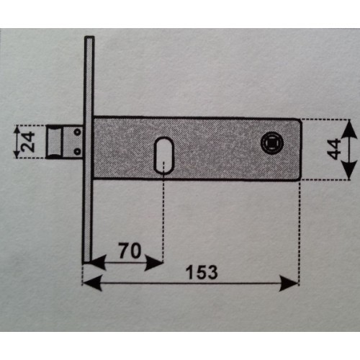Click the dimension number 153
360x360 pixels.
202,272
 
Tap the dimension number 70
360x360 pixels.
130,251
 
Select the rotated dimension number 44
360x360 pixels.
334,149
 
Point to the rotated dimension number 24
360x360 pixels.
28,142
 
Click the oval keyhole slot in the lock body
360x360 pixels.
163,155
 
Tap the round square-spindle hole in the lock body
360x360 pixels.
272,143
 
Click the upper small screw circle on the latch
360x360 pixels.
77,132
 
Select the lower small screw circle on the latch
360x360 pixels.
77,151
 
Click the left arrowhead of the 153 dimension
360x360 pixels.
91,284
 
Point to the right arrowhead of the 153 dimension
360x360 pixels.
289,284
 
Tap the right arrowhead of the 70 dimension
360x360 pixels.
154,263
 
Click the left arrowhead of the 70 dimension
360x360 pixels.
98,263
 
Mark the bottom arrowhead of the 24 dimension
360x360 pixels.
17,154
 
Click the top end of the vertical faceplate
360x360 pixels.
89,37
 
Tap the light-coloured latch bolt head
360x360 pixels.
54,142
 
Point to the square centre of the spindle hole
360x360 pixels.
272,143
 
